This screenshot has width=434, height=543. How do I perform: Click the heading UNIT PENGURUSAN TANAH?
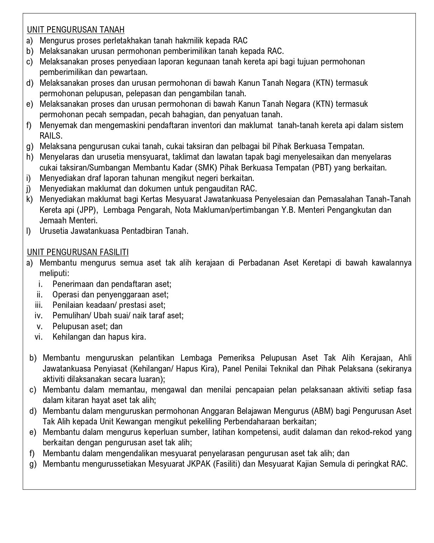coord(76,30)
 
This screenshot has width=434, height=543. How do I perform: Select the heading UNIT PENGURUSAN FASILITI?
coord(78,252)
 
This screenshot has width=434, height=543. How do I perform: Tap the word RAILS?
coord(51,136)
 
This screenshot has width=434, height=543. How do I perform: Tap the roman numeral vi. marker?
coord(38,337)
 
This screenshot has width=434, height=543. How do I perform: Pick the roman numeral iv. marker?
coord(38,316)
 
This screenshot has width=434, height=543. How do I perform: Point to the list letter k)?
coord(29,199)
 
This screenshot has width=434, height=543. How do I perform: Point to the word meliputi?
coord(54,273)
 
